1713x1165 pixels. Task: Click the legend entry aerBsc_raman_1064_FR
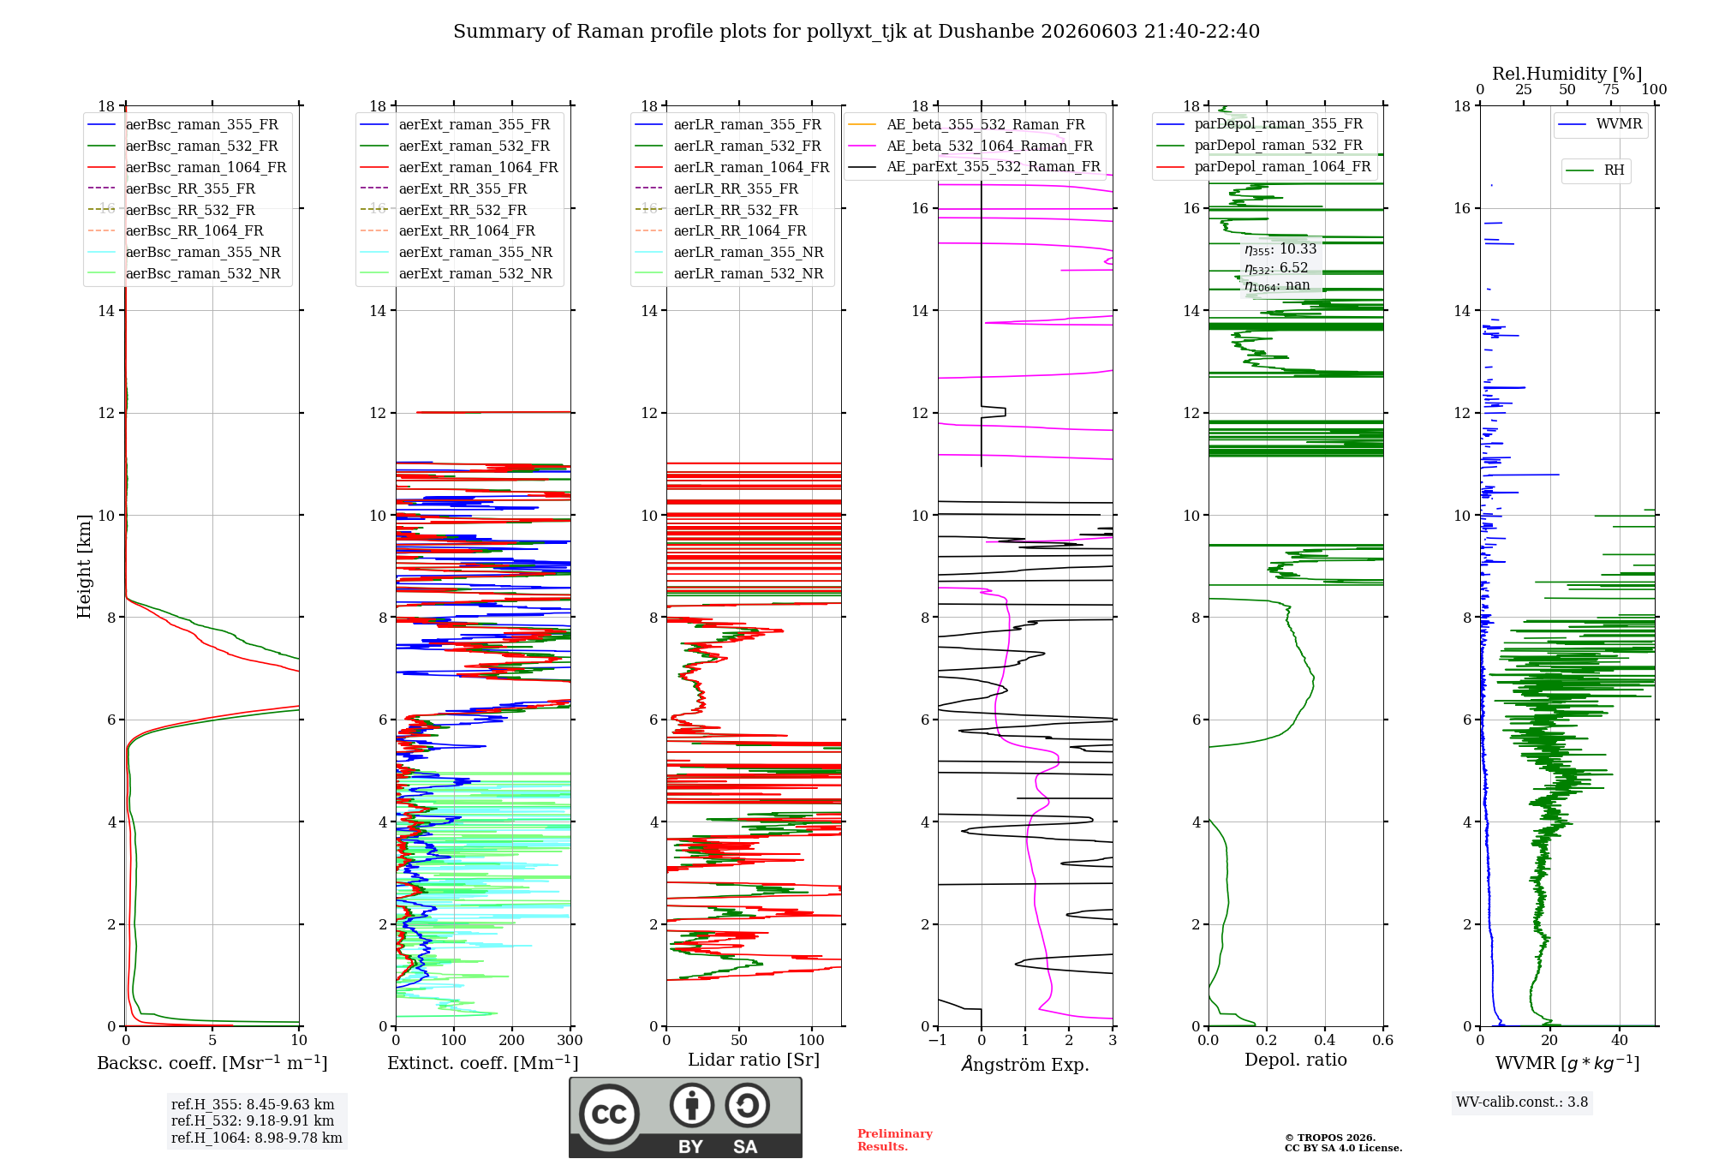click(x=187, y=167)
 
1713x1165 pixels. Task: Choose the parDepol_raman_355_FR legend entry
click(x=1260, y=123)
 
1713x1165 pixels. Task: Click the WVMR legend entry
click(x=1600, y=124)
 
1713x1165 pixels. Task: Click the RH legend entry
click(x=1595, y=170)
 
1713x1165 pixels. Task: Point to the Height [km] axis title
click(x=84, y=566)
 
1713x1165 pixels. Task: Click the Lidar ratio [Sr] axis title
click(x=754, y=1060)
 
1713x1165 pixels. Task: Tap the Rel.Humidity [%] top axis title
click(x=1567, y=74)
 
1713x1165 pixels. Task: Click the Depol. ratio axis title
click(x=1296, y=1060)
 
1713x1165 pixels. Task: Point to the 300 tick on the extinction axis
click(x=570, y=1040)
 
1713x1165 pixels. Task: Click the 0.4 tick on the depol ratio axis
click(x=1325, y=1040)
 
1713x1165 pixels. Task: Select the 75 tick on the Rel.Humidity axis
click(x=1611, y=90)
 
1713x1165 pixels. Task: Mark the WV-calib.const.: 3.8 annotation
click(x=1522, y=1102)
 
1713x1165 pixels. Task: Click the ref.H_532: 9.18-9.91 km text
click(x=253, y=1120)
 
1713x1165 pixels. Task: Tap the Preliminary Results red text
click(x=895, y=1140)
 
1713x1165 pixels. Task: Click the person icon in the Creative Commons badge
click(x=692, y=1106)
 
